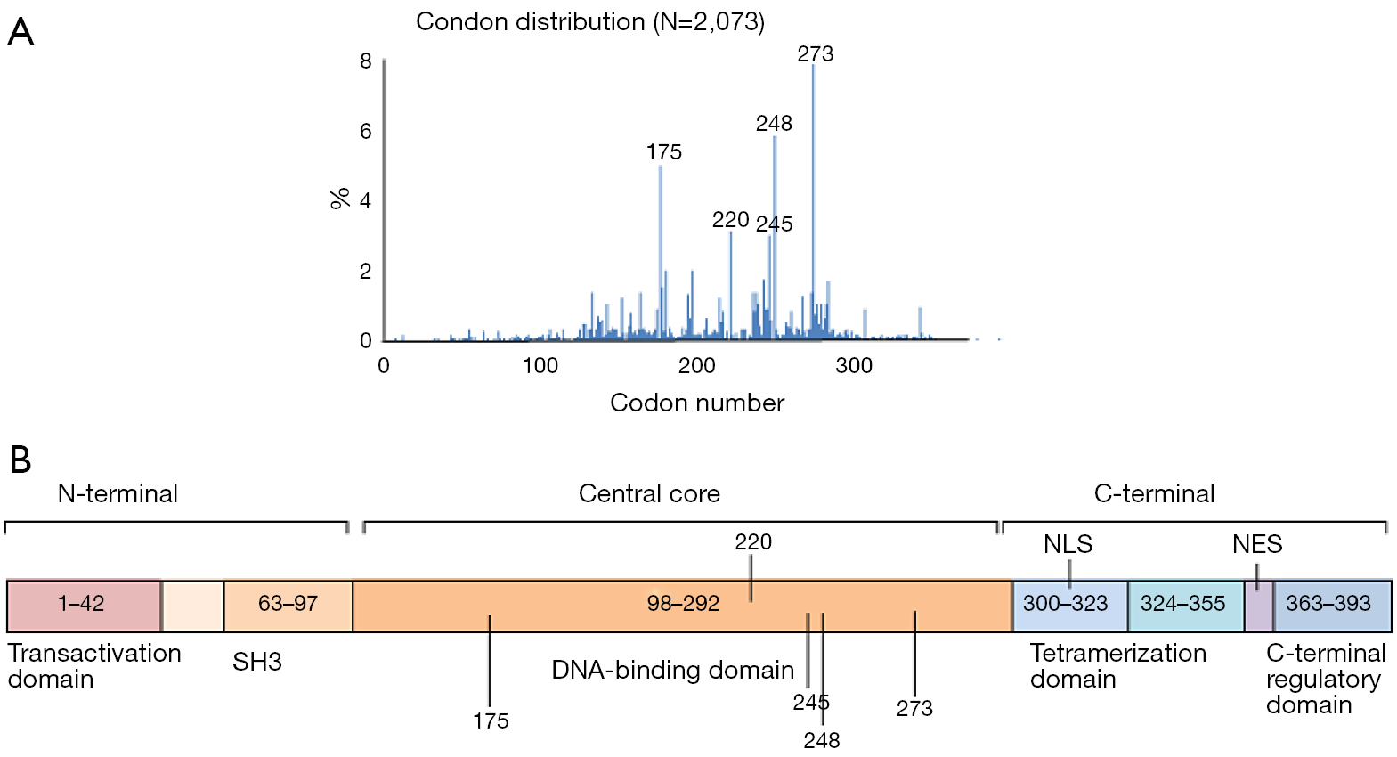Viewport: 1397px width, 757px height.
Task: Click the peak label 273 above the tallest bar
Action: [x=815, y=54]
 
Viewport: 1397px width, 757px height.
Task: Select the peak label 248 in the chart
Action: [x=774, y=124]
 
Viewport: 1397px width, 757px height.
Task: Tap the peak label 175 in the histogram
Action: [x=663, y=152]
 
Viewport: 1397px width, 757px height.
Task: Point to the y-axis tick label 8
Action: [x=366, y=61]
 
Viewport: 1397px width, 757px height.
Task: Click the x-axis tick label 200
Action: [x=696, y=366]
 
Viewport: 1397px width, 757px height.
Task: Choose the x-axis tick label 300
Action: [x=853, y=366]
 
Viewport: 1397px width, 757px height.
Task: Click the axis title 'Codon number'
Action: [x=697, y=403]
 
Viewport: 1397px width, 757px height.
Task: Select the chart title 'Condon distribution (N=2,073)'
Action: [x=589, y=22]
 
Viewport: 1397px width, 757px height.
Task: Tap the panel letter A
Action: [x=20, y=32]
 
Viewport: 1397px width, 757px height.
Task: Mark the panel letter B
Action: [x=20, y=460]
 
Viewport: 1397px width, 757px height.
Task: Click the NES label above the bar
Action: [x=1257, y=544]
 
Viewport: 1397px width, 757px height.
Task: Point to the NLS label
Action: [x=1068, y=544]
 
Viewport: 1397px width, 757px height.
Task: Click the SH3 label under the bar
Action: [x=257, y=663]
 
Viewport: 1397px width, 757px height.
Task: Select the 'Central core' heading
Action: [x=649, y=494]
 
